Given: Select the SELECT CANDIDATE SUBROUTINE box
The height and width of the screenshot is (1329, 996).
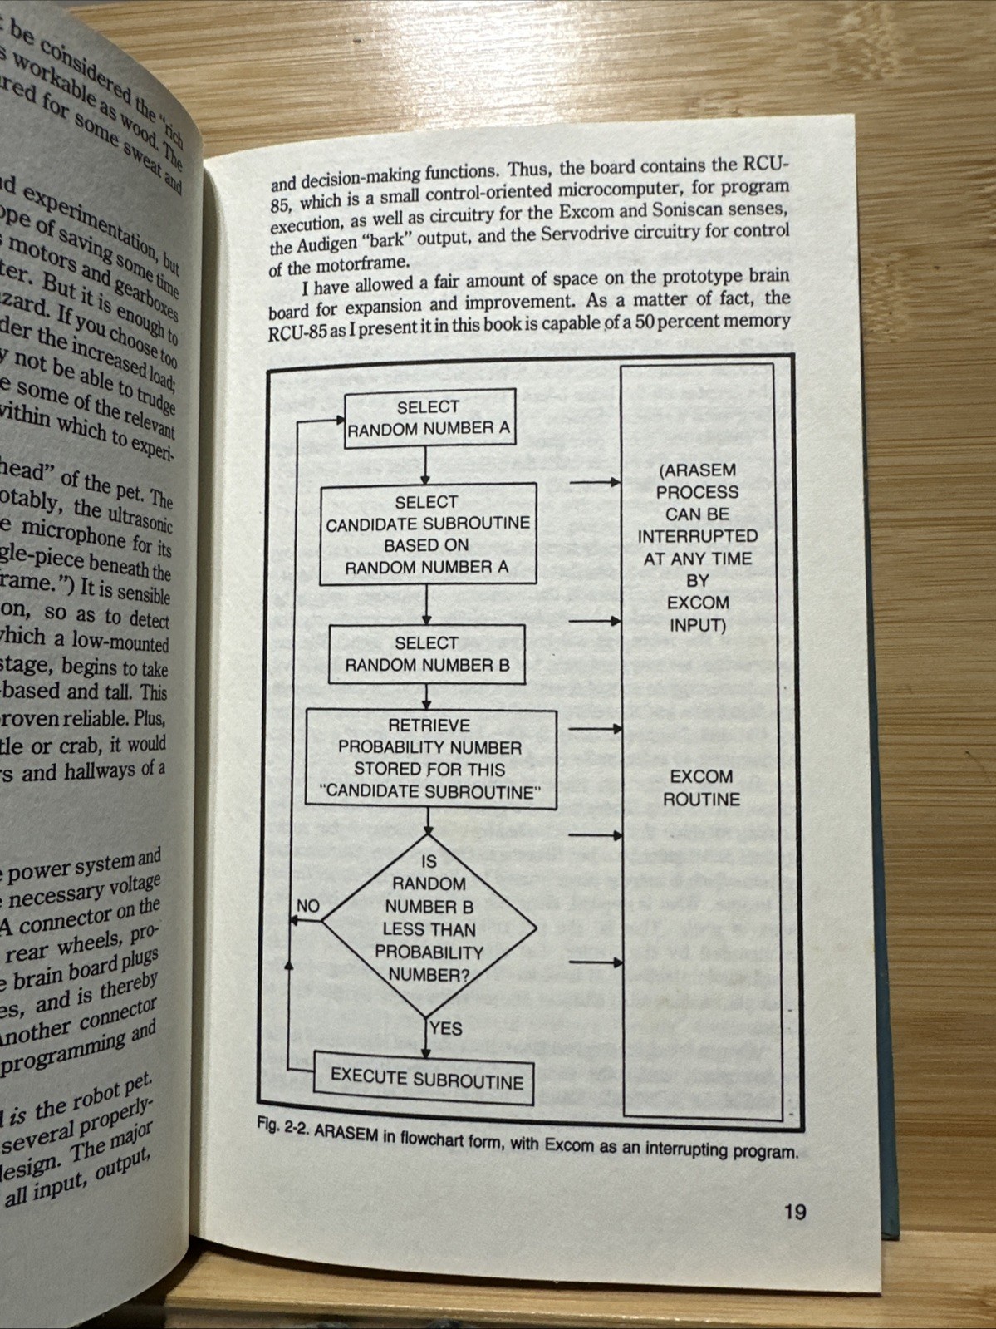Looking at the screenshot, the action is tap(428, 534).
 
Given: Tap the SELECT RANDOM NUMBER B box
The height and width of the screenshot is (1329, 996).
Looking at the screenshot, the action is tap(427, 654).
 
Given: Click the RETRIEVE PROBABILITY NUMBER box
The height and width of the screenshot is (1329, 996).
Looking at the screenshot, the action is tap(430, 759).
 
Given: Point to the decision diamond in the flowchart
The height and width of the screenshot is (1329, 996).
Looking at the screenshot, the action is tap(429, 918).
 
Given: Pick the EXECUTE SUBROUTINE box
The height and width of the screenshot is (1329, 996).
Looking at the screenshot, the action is tap(427, 1079).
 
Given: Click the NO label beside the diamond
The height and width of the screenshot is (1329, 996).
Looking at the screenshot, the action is tap(308, 906).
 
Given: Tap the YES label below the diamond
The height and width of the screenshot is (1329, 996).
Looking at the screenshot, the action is tap(446, 1029).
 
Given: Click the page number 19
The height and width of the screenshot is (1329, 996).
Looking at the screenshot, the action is tap(795, 1212).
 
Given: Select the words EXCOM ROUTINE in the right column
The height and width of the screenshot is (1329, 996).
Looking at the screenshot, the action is tap(701, 788).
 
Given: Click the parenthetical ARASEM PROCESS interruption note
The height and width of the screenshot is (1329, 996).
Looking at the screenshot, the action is tap(698, 547).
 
